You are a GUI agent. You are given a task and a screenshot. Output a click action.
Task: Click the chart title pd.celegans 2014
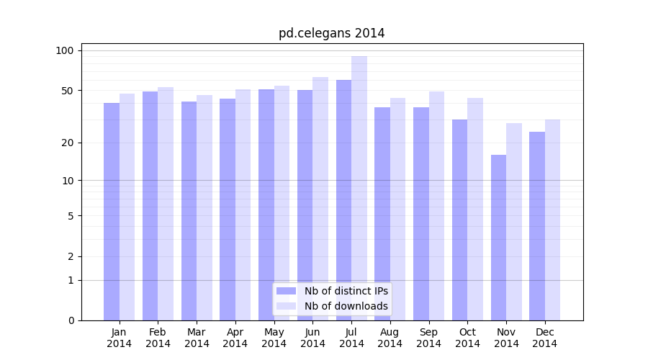331,33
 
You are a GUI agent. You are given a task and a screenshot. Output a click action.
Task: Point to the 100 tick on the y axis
65,50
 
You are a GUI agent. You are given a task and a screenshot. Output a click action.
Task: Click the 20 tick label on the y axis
68,143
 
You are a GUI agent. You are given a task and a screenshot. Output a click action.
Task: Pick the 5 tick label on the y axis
70,215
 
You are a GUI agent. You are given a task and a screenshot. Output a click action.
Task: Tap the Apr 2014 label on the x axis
235,338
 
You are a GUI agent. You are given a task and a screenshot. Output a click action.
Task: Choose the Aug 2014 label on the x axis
390,338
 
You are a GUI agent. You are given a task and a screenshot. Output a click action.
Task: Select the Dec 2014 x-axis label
545,338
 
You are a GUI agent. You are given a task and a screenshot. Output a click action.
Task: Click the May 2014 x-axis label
274,338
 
